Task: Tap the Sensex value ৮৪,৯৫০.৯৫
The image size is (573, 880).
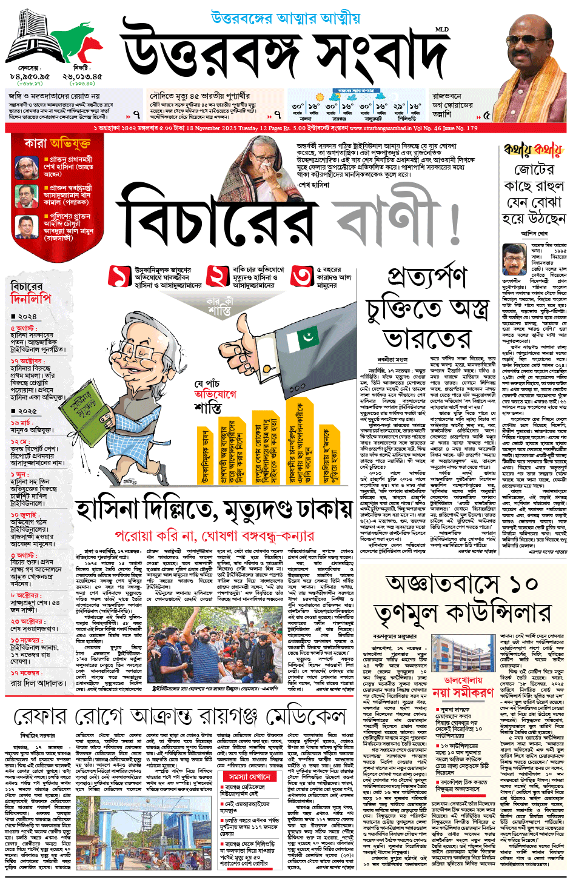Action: coord(30,77)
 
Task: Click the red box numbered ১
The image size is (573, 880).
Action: coord(119,276)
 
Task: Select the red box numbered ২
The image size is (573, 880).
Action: coord(216,276)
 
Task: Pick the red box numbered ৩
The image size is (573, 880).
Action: coord(301,276)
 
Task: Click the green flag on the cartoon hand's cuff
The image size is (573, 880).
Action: coord(309,336)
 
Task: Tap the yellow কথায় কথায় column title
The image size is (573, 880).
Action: coord(534,149)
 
